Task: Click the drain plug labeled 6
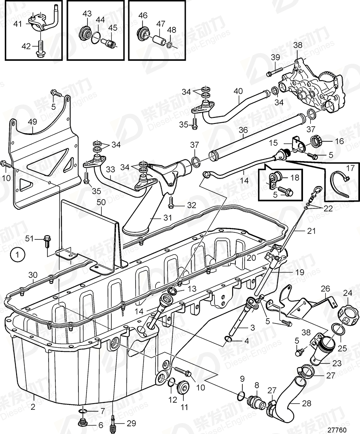(82, 423)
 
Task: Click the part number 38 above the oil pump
(298, 45)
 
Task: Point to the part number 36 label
(243, 130)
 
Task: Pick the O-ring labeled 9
(242, 396)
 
